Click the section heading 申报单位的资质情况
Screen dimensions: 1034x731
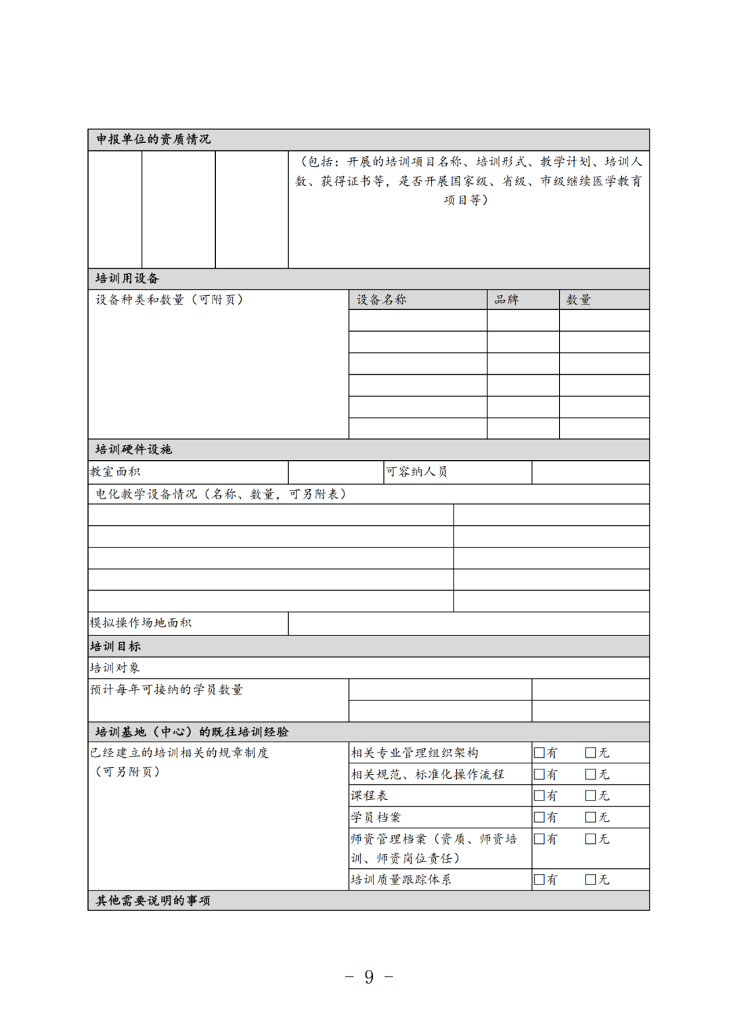[x=153, y=139]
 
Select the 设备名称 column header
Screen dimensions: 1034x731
[x=381, y=300]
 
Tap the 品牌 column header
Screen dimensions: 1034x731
[x=506, y=300]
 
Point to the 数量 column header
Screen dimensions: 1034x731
[x=579, y=300]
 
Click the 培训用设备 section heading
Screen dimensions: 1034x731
[x=127, y=279]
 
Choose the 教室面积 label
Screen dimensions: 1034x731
[x=115, y=472]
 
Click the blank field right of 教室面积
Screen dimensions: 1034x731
[x=335, y=472]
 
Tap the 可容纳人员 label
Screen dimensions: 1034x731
[x=416, y=472]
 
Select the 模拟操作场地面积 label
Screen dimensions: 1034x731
[x=141, y=623]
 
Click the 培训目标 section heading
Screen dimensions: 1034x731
[x=115, y=646]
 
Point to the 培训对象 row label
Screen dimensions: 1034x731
[x=115, y=668]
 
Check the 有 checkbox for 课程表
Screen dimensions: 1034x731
[x=539, y=796]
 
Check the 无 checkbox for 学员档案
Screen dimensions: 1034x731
[x=591, y=817]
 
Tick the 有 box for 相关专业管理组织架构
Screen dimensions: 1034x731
[x=539, y=752]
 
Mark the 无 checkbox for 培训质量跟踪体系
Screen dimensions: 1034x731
[x=591, y=880]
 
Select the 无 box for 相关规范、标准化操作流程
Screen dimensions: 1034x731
[x=591, y=774]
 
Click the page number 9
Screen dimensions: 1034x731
[x=369, y=976]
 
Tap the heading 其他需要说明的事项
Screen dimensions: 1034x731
[x=153, y=901]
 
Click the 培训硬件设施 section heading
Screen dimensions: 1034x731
[x=133, y=450]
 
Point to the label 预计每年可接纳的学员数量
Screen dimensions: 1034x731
[x=167, y=690]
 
